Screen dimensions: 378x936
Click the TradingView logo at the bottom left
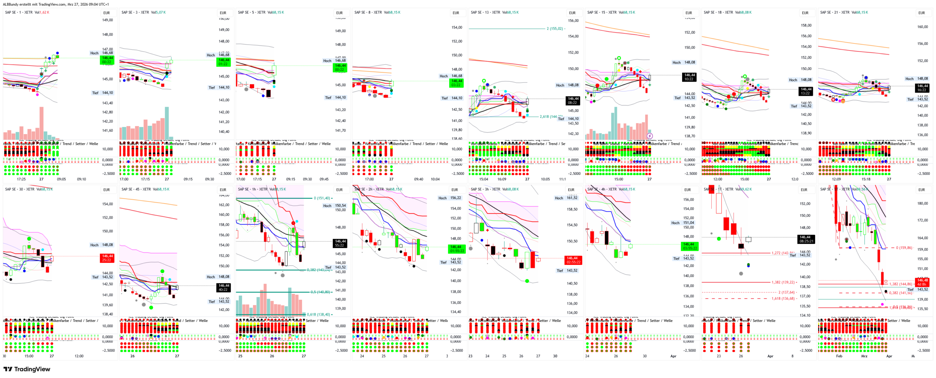[x=27, y=369]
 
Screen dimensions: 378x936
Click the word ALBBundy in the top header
[x=11, y=4]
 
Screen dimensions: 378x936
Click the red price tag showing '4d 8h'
[x=921, y=282]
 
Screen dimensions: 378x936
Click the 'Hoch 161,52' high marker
[x=566, y=198]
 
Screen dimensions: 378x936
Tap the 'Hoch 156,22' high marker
[x=450, y=198]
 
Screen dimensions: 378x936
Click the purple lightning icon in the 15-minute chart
[x=650, y=136]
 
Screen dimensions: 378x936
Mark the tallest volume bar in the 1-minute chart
[x=42, y=123]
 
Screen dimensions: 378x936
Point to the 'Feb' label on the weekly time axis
[x=839, y=356]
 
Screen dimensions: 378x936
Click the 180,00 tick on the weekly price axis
[x=923, y=204]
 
